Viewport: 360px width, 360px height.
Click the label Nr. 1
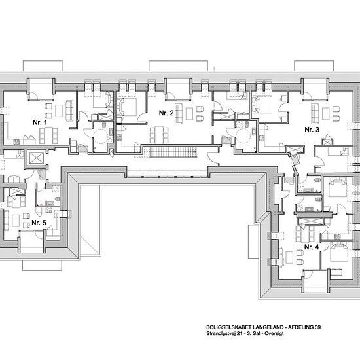click(x=40, y=122)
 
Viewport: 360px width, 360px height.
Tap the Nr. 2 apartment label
click(x=166, y=113)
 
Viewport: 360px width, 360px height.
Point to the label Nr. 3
click(x=312, y=130)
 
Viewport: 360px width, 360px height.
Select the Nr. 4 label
click(x=312, y=247)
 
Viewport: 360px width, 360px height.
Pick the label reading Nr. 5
click(x=39, y=223)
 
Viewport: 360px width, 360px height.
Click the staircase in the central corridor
click(x=173, y=152)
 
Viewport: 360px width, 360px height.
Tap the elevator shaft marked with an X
click(x=37, y=158)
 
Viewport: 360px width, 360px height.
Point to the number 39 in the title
click(x=317, y=327)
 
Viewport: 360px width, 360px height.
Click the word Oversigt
click(x=274, y=333)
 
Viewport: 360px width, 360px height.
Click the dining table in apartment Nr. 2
click(x=159, y=135)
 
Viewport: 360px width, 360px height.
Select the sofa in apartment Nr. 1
click(x=69, y=111)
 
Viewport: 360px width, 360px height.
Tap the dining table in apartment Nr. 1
click(x=48, y=135)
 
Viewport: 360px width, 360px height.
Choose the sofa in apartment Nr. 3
click(x=315, y=114)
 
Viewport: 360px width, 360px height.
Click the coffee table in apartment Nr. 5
click(x=16, y=221)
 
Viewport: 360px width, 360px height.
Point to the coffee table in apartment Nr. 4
click(x=289, y=257)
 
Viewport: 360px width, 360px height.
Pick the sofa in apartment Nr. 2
click(x=179, y=114)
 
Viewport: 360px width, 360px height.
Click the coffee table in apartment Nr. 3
click(x=325, y=114)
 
